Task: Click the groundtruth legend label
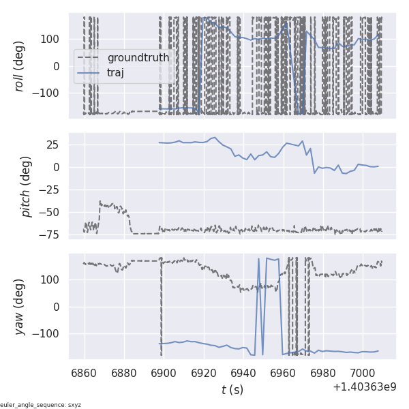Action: point(138,58)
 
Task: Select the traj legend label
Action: point(116,72)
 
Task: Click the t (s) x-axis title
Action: point(232,390)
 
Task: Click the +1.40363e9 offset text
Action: point(364,387)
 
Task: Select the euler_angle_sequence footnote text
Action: point(41,405)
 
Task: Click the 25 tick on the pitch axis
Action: point(55,145)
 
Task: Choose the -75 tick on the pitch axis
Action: point(53,234)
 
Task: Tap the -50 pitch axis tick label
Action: point(53,211)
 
